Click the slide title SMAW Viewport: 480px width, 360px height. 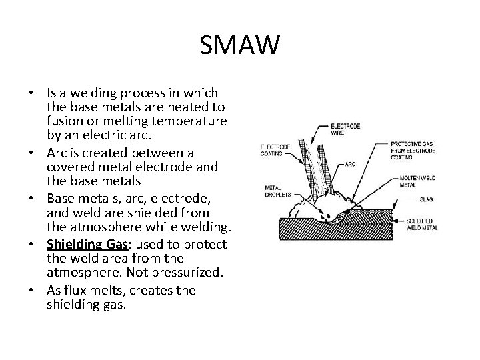tap(240, 47)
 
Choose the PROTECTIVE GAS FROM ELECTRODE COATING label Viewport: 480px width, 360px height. tap(413, 151)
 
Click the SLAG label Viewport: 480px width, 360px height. tap(427, 199)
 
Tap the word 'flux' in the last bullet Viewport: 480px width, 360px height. tap(75, 290)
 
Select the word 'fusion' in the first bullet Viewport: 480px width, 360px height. tap(64, 120)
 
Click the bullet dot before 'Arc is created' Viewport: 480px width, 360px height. tap(39, 153)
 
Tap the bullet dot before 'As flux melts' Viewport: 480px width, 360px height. tap(39, 290)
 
